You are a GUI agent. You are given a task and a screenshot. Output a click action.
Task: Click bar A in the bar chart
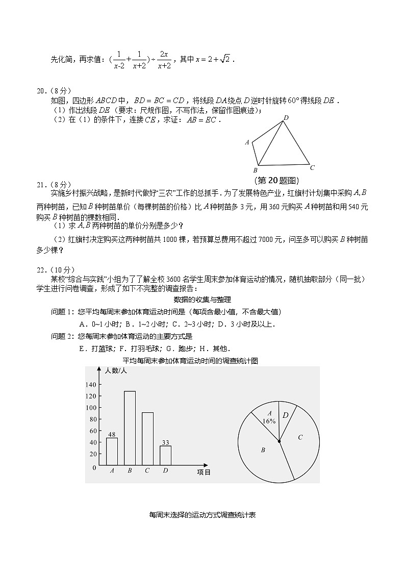112,451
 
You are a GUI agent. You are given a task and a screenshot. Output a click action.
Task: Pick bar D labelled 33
165,455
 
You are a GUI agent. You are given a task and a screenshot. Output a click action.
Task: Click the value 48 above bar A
112,434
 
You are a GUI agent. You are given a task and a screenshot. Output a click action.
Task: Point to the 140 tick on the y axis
91,384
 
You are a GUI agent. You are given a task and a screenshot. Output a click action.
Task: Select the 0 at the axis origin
94,467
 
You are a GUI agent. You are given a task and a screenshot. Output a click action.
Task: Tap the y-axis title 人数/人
116,371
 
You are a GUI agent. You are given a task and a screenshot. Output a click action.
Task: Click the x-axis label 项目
204,472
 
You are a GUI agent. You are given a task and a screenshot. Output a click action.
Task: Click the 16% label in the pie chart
269,421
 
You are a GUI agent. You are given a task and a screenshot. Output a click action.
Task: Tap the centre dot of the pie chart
279,441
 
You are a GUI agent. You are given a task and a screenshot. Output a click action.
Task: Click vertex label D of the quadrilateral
286,118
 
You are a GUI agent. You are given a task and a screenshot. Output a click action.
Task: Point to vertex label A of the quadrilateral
247,142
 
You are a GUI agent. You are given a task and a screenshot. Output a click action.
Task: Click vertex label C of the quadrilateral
312,167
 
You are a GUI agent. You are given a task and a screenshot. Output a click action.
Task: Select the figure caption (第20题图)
276,180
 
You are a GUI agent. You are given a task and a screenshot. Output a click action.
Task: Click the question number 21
41,184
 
